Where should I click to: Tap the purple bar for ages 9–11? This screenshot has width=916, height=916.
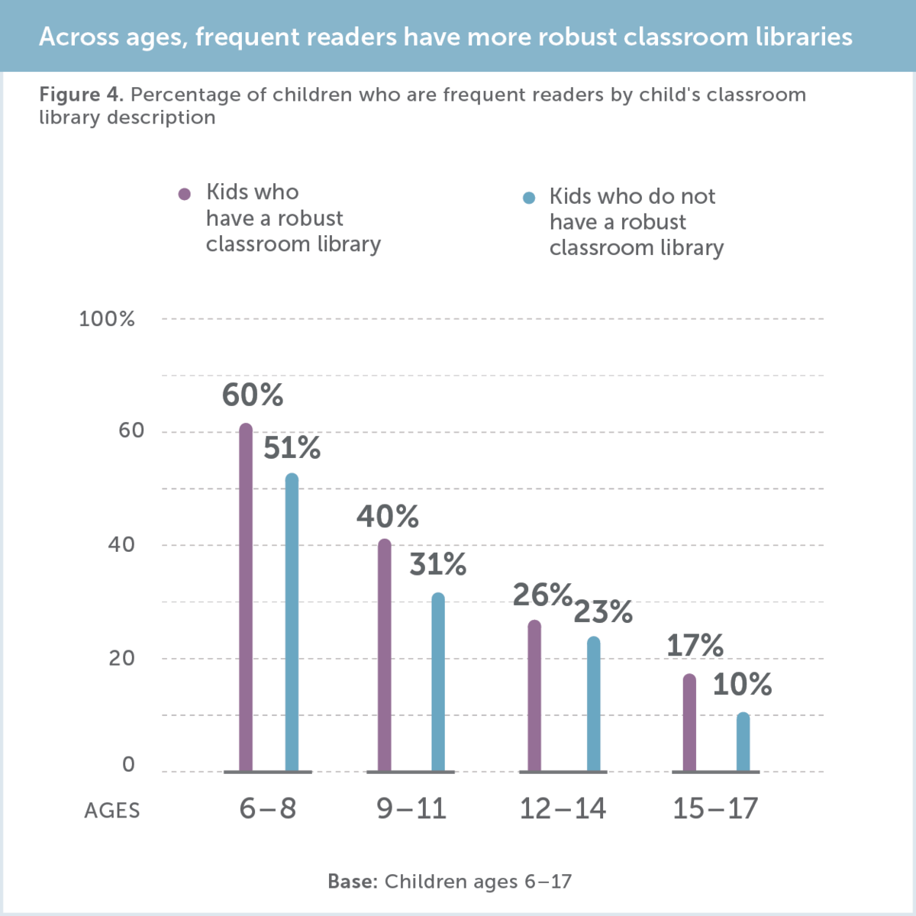coord(385,656)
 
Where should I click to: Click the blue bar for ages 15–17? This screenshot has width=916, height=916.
coord(743,742)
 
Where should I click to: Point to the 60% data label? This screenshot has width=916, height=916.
coord(253,395)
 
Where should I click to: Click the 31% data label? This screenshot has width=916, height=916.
coord(438,565)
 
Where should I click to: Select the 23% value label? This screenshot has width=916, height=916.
coord(603,612)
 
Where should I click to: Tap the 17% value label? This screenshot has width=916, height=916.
coord(695,646)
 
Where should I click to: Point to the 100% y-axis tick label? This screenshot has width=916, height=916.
coord(107,319)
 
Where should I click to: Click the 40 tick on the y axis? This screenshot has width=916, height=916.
coord(121,545)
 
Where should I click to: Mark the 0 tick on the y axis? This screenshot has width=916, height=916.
coord(128,765)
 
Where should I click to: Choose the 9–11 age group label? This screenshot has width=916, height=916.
coord(411,808)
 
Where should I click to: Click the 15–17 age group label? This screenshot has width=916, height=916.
coord(715,808)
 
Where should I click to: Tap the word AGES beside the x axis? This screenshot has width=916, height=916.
coord(112,811)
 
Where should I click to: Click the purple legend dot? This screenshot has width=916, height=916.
coord(184,194)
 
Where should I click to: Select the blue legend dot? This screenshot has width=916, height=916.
coord(529,198)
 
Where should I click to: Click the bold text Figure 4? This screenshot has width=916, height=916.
coord(81,95)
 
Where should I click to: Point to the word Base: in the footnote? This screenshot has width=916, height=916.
coord(353,882)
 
